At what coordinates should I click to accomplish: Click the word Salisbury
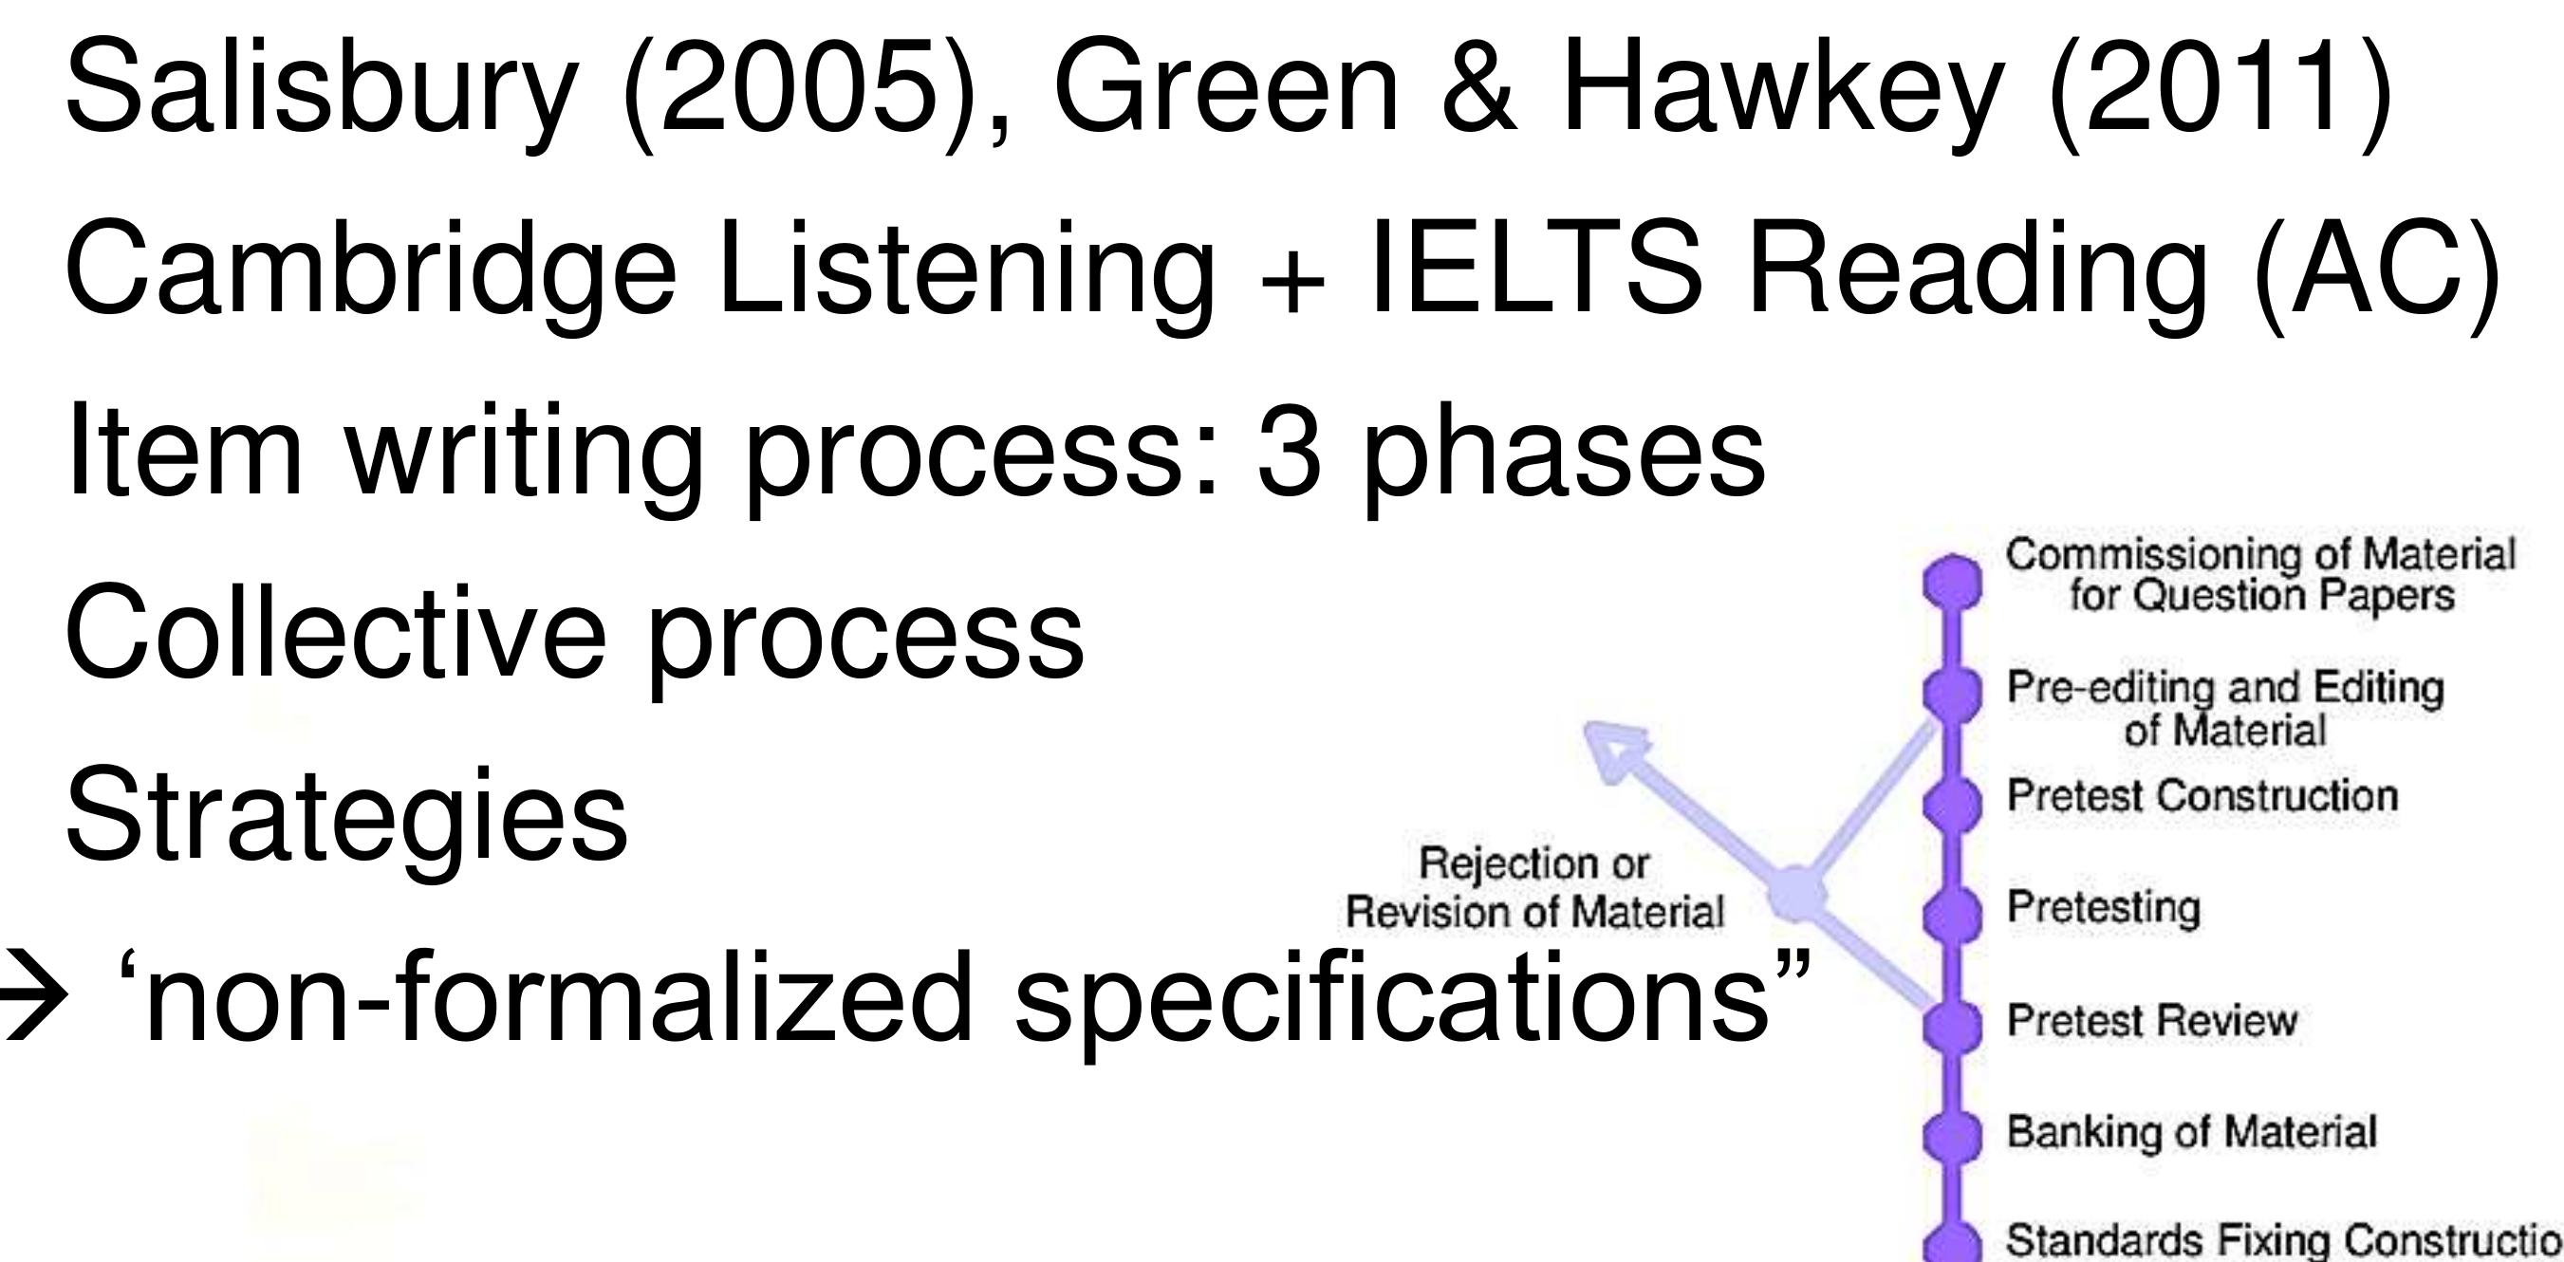pos(321,87)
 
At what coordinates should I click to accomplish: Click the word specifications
pos(1392,1005)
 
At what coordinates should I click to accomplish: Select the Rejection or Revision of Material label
pos(1533,887)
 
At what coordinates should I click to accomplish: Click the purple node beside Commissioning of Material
pos(1952,582)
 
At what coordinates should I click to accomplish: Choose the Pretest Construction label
pos(2202,795)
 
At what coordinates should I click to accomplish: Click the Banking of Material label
pos(2191,1132)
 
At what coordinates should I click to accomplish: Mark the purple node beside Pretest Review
pos(1952,1023)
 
